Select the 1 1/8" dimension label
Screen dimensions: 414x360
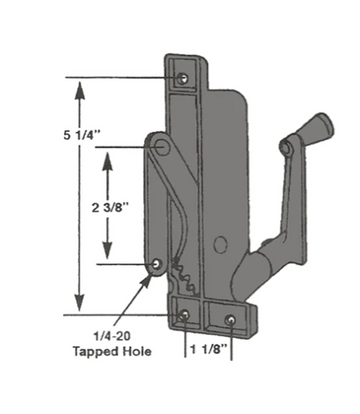[x=211, y=351]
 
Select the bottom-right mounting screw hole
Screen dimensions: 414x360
[x=232, y=320]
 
